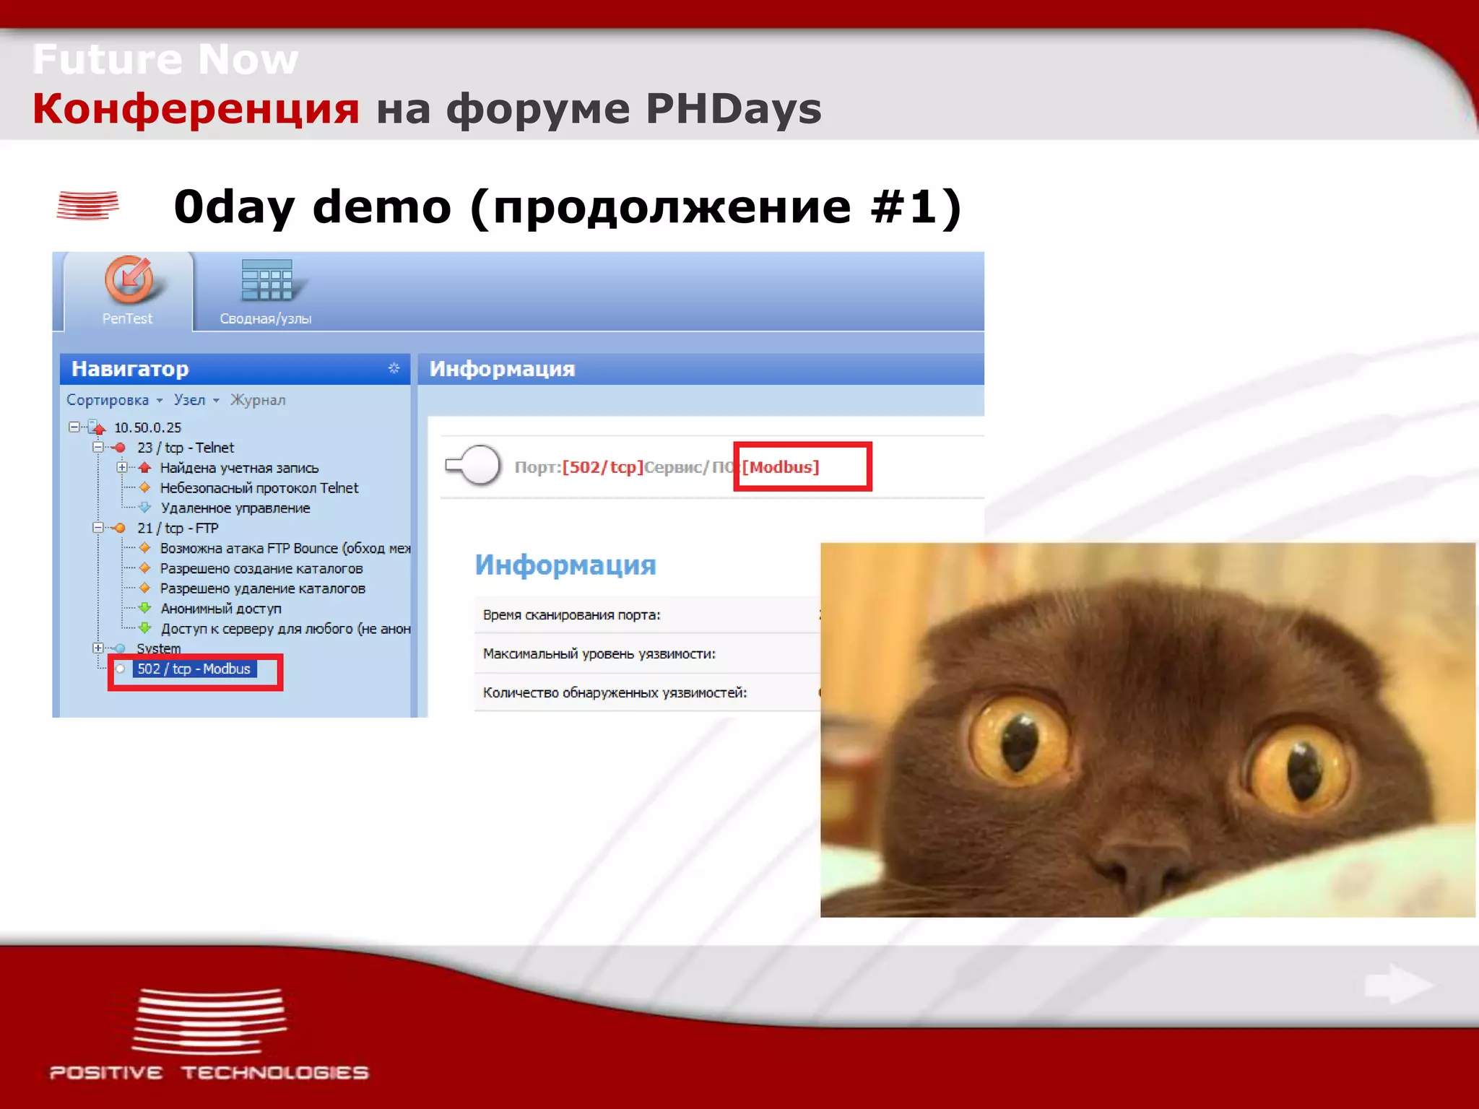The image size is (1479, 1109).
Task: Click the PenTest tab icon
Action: (129, 280)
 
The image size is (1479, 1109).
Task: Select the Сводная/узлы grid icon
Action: (266, 279)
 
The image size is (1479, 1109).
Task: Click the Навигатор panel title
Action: (130, 369)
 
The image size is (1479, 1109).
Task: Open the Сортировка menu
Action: (108, 400)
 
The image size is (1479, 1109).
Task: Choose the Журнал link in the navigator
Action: (258, 400)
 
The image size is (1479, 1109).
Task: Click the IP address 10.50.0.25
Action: (147, 427)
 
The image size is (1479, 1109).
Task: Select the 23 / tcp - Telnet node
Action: (186, 448)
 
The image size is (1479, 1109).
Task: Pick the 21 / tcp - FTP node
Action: (178, 528)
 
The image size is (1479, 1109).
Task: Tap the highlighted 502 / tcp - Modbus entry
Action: (194, 669)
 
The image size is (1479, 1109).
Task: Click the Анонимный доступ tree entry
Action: (221, 609)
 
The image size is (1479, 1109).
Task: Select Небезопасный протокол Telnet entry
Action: (259, 488)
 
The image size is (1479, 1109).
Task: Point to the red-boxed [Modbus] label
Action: (781, 467)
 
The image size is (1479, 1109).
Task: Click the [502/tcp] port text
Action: (602, 467)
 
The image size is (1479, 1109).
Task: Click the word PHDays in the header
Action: (733, 109)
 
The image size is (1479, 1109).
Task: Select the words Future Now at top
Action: (165, 59)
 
